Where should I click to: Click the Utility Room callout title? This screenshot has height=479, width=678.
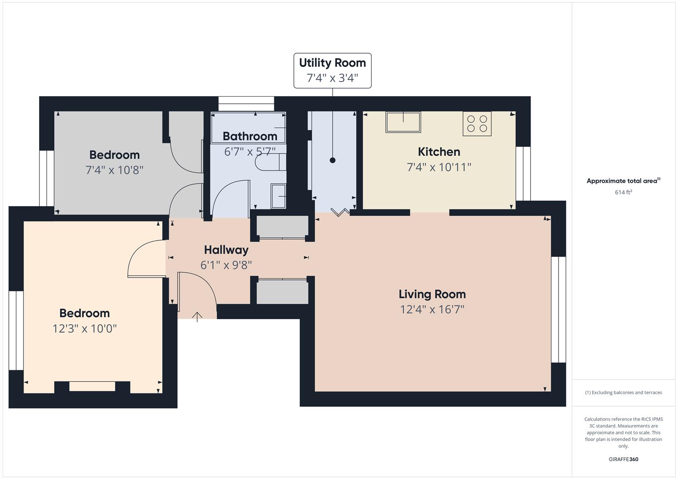pyautogui.click(x=332, y=63)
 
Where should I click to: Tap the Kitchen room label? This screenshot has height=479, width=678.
pyautogui.click(x=439, y=152)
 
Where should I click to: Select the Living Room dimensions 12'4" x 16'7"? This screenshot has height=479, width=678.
pyautogui.click(x=432, y=310)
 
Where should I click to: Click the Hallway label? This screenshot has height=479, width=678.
pyautogui.click(x=226, y=250)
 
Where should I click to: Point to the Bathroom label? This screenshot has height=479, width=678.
pyautogui.click(x=250, y=136)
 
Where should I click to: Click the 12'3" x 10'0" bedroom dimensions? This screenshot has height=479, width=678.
pyautogui.click(x=84, y=329)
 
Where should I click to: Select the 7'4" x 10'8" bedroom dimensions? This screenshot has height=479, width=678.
pyautogui.click(x=114, y=170)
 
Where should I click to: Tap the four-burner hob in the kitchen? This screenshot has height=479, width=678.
pyautogui.click(x=477, y=124)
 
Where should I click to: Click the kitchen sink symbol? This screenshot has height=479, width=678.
pyautogui.click(x=403, y=122)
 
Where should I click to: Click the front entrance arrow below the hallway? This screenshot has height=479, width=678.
pyautogui.click(x=197, y=316)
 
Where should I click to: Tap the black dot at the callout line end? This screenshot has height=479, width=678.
pyautogui.click(x=333, y=161)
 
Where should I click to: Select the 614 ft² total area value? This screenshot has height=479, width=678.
pyautogui.click(x=623, y=192)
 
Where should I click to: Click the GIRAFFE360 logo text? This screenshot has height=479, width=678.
pyautogui.click(x=623, y=459)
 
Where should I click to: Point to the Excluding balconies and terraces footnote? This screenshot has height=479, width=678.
pyautogui.click(x=623, y=393)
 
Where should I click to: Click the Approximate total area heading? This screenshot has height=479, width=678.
pyautogui.click(x=623, y=181)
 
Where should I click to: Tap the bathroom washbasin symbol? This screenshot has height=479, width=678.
pyautogui.click(x=278, y=196)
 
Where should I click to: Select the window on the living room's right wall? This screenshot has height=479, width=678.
pyautogui.click(x=559, y=310)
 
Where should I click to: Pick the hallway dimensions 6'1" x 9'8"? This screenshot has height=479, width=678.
pyautogui.click(x=226, y=265)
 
